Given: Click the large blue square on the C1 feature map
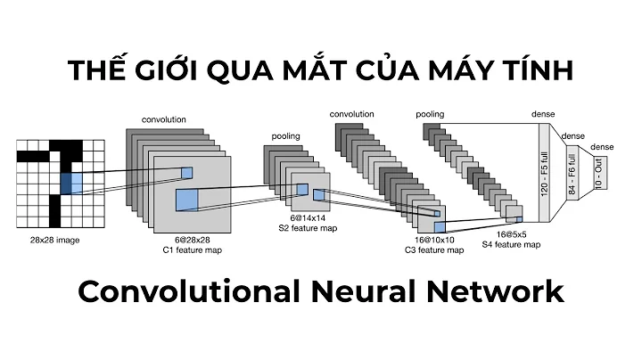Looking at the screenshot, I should [x=185, y=199].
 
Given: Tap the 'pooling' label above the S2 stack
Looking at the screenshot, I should [x=285, y=136].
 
